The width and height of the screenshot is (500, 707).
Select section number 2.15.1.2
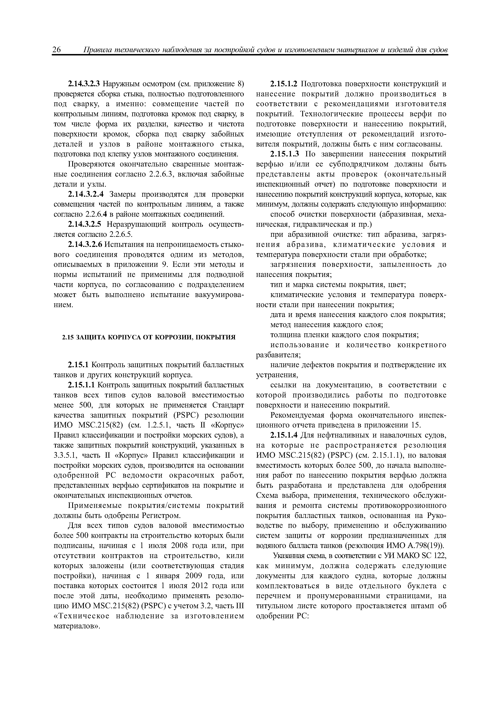click(284, 84)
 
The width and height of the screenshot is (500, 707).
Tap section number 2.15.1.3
click(284, 154)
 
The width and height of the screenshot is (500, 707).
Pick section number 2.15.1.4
click(284, 435)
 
